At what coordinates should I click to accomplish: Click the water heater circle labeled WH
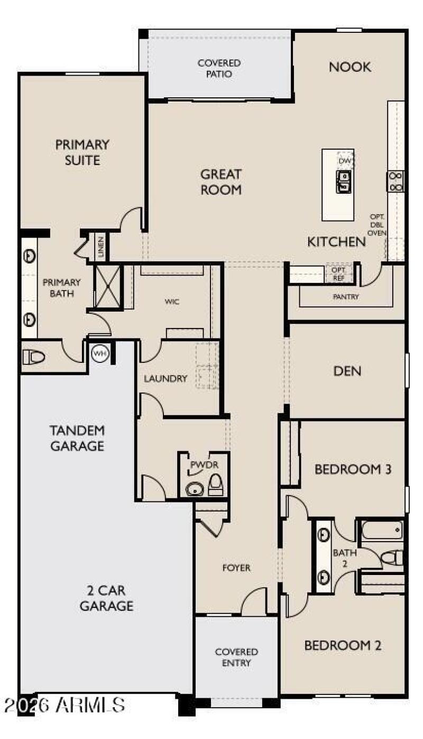pos(100,353)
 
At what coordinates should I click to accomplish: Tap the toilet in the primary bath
pos(33,357)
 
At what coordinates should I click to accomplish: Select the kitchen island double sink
pos(344,181)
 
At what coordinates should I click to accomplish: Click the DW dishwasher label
pos(345,161)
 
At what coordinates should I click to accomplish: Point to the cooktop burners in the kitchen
pos(396,181)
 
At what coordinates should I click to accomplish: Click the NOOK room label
pos(350,67)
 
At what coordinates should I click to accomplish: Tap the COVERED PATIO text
pos(219,68)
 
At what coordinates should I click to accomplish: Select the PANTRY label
pos(345,297)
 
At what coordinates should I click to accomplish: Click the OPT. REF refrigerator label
pos(338,274)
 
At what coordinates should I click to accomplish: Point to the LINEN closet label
pos(101,247)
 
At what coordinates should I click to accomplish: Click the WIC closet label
pos(172,302)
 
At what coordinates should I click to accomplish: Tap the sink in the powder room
pos(195,489)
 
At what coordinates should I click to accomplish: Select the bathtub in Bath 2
pos(382,531)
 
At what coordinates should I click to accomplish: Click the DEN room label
pos(347,371)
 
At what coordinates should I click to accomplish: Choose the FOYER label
pos(236,568)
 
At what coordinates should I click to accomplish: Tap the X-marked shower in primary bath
pos(107,286)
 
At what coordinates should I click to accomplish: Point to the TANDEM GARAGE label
pos(78,438)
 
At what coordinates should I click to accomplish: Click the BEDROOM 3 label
pos(353,469)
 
